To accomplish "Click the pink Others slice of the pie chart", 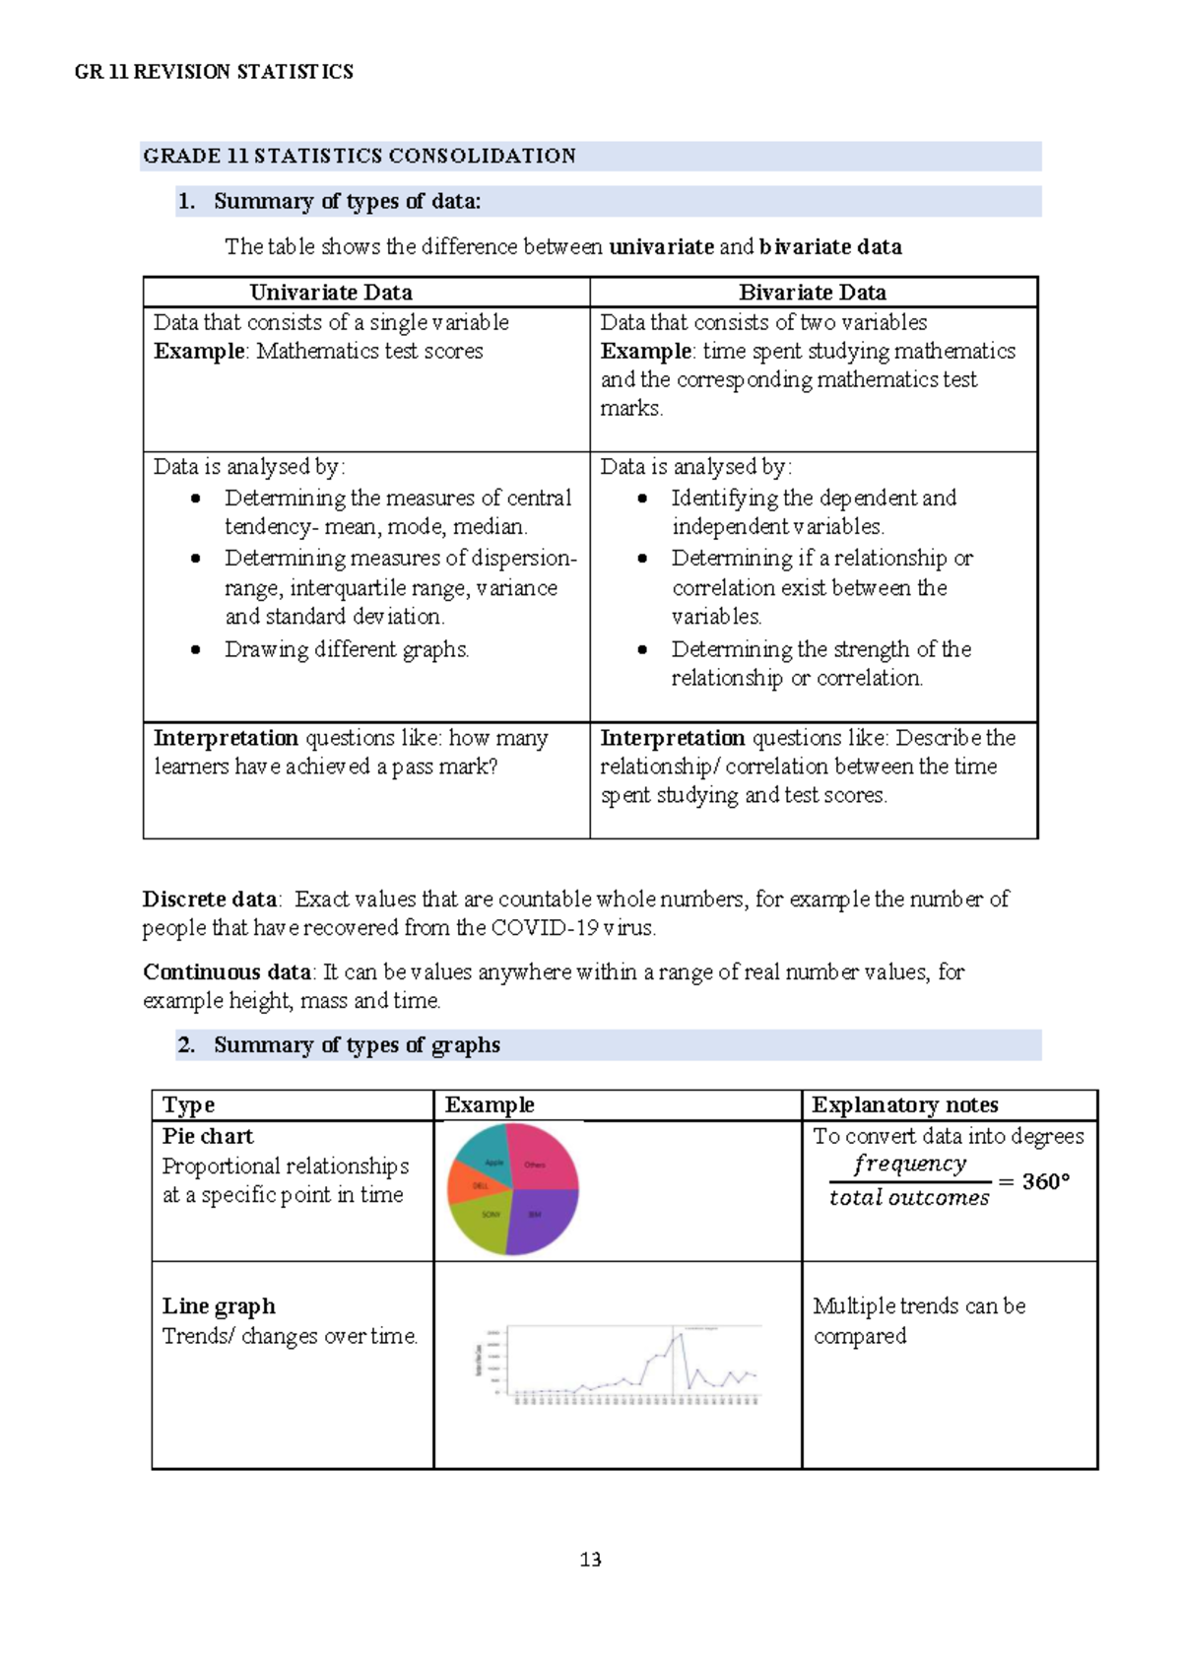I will pyautogui.click(x=540, y=1163).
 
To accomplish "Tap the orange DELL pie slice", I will pyautogui.click(x=473, y=1184).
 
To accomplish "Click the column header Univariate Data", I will pyautogui.click(x=331, y=293).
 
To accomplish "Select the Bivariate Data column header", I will pyautogui.click(x=813, y=293).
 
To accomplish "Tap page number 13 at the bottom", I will pyautogui.click(x=590, y=1559).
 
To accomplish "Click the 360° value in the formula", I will pyautogui.click(x=1045, y=1181).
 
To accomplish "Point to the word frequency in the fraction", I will pyautogui.click(x=909, y=1164).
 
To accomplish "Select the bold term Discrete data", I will pyautogui.click(x=210, y=899).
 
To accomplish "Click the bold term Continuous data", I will pyautogui.click(x=227, y=971).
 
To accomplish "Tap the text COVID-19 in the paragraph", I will pyautogui.click(x=544, y=927).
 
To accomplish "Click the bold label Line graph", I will pyautogui.click(x=219, y=1306).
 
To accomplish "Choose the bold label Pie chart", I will pyautogui.click(x=208, y=1136).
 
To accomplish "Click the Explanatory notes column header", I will pyautogui.click(x=904, y=1104).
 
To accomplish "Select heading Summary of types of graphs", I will pyautogui.click(x=357, y=1044).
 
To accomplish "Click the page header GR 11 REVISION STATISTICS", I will pyautogui.click(x=214, y=72).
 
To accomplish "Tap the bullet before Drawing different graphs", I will pyautogui.click(x=196, y=649).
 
